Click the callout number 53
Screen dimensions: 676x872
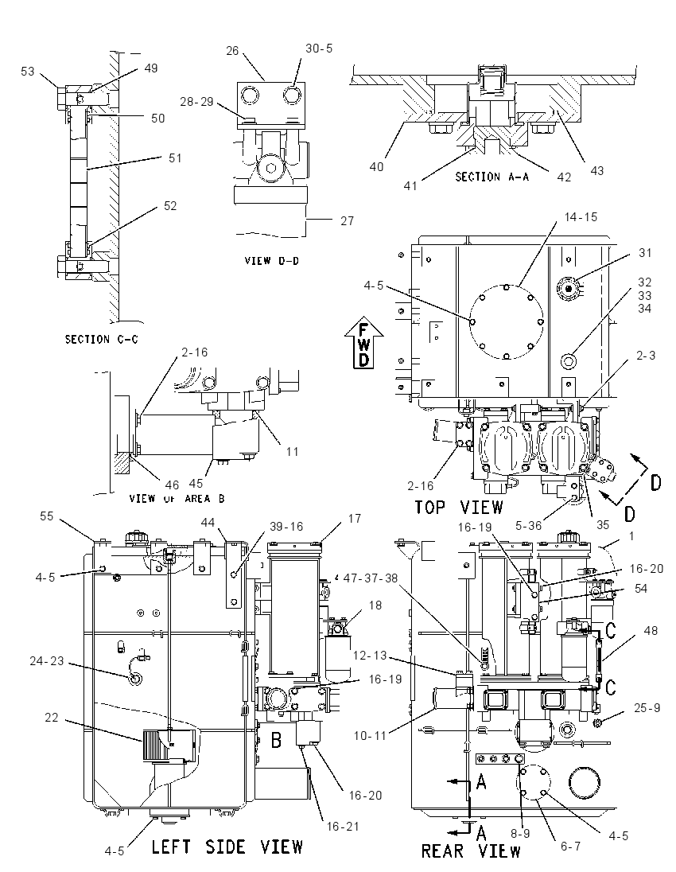pos(28,71)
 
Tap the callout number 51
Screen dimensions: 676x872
pos(175,158)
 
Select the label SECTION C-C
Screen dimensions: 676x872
pos(102,339)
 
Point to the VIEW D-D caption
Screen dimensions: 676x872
pos(272,260)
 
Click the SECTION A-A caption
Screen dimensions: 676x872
pos(492,177)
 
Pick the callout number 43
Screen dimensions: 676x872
pos(596,171)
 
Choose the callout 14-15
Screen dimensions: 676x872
pos(581,217)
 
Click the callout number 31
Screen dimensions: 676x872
pos(645,252)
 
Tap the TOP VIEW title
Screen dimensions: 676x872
pos(459,507)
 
